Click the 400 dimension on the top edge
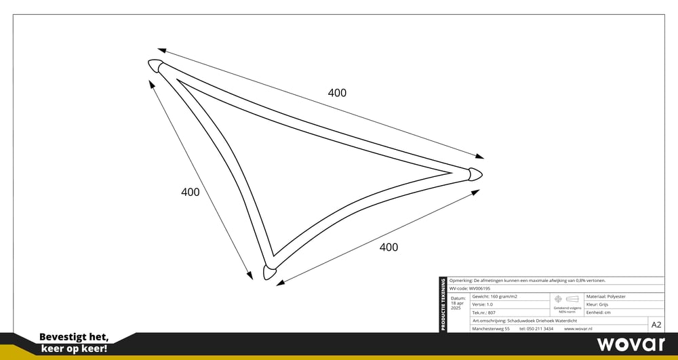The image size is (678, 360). tap(337, 93)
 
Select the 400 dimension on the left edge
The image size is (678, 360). tap(191, 192)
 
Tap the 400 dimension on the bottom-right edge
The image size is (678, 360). tap(388, 247)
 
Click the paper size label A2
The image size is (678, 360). tap(656, 324)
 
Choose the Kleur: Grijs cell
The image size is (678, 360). tap(599, 304)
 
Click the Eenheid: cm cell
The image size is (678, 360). tap(598, 313)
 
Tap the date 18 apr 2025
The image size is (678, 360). tap(458, 303)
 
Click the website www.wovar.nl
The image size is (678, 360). tap(578, 329)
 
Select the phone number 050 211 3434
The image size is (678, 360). tap(536, 329)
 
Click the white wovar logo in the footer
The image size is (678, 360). tap(631, 344)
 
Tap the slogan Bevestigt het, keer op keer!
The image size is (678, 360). tap(74, 342)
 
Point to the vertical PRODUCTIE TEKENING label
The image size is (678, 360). tap(443, 305)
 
